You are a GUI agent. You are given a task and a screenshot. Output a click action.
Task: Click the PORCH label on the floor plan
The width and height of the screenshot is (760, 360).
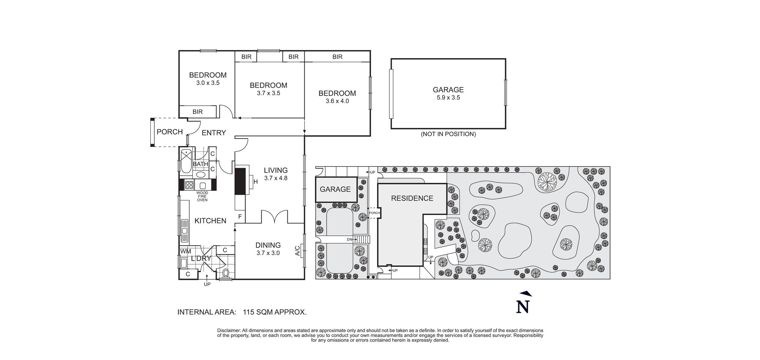170,132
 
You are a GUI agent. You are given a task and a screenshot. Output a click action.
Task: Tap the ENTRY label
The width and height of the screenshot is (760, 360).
214,133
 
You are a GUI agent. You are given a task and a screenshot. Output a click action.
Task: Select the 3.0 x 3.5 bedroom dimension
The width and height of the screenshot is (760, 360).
208,83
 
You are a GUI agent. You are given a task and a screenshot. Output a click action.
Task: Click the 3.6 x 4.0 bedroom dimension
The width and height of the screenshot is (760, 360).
337,101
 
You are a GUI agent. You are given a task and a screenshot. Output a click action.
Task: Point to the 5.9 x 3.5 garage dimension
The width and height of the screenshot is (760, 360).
448,97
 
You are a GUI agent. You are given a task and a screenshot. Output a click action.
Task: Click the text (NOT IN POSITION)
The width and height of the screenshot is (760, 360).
448,134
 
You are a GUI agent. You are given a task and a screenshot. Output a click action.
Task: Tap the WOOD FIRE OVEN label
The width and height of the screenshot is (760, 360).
202,196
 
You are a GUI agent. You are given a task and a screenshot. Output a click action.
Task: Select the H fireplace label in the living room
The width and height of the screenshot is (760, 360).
256,182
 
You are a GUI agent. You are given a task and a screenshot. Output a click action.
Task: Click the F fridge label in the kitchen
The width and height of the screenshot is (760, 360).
240,216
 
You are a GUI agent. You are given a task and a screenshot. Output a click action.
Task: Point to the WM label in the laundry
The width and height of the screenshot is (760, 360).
186,251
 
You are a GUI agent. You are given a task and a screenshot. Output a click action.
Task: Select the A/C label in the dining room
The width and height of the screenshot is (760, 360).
297,251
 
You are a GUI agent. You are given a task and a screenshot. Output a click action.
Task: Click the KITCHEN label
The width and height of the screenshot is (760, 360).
210,221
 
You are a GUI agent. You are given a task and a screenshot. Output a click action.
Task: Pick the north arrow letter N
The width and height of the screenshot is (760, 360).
522,307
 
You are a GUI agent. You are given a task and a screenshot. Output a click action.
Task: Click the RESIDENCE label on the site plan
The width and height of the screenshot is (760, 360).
412,199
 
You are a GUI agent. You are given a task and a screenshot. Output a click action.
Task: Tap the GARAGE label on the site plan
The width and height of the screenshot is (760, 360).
335,189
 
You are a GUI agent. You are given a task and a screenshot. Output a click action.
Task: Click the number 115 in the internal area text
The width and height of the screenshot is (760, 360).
249,312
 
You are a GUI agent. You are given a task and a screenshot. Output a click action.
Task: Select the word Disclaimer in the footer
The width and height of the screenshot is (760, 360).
229,331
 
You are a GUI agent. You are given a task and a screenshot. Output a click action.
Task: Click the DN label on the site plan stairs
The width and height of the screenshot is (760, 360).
350,239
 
